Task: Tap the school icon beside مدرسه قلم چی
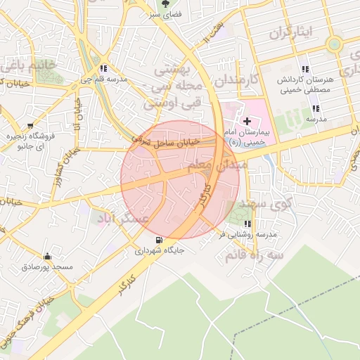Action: click(104, 68)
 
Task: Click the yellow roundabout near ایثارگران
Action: click(334, 44)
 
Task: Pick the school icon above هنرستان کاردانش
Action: click(304, 69)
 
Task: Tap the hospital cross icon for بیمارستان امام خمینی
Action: click(247, 121)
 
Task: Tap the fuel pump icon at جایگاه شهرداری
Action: click(159, 239)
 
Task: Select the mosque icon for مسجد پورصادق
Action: click(47, 257)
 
